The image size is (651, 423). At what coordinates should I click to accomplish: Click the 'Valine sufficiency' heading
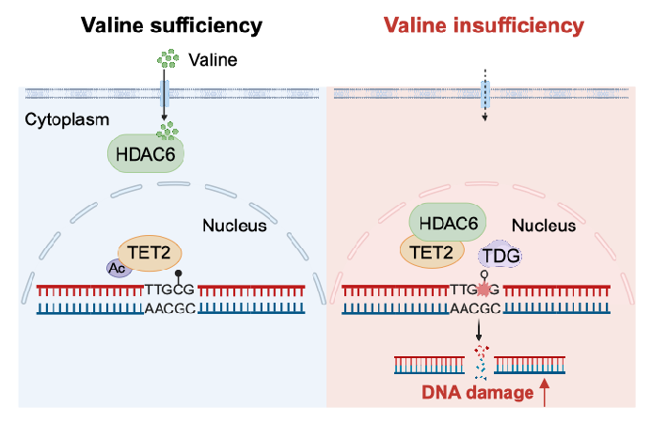(169, 25)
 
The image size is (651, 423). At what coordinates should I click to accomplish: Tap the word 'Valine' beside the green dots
(212, 61)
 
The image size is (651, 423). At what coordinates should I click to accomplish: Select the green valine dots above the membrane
(168, 61)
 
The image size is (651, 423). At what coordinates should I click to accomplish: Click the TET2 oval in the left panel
(150, 252)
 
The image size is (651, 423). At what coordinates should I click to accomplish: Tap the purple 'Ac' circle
(118, 268)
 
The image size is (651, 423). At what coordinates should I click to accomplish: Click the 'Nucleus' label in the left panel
(234, 226)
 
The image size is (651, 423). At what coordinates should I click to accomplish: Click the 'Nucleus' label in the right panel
(544, 226)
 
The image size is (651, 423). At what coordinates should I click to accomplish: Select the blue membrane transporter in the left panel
(166, 94)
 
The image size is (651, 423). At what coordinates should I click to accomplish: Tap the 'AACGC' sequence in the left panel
(169, 308)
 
